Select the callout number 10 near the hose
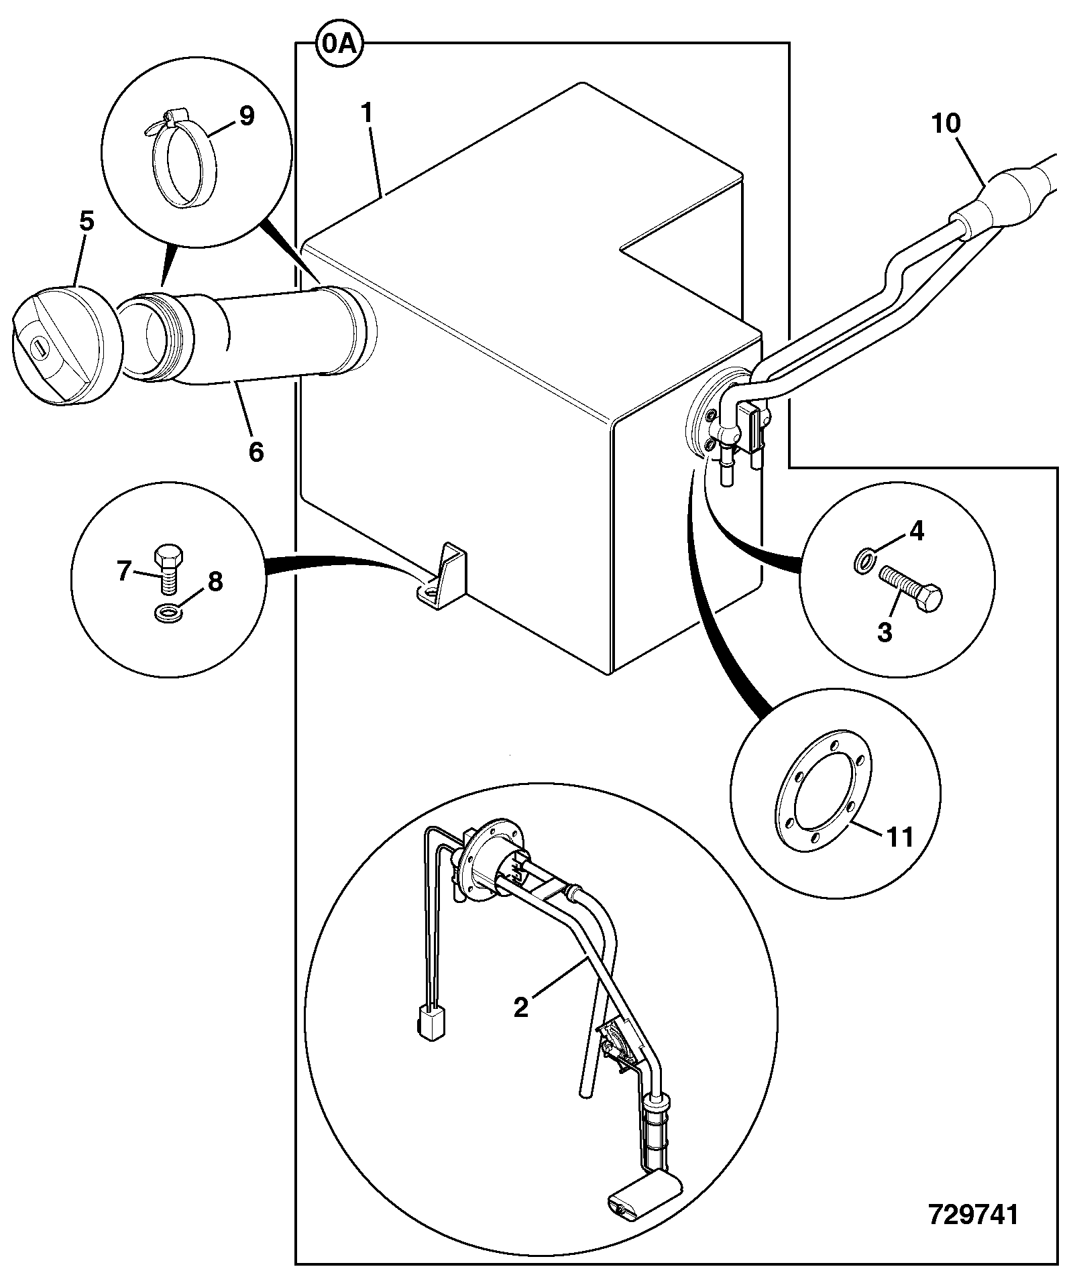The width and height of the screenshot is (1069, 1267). [945, 123]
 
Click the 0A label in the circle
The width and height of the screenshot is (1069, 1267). [339, 46]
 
